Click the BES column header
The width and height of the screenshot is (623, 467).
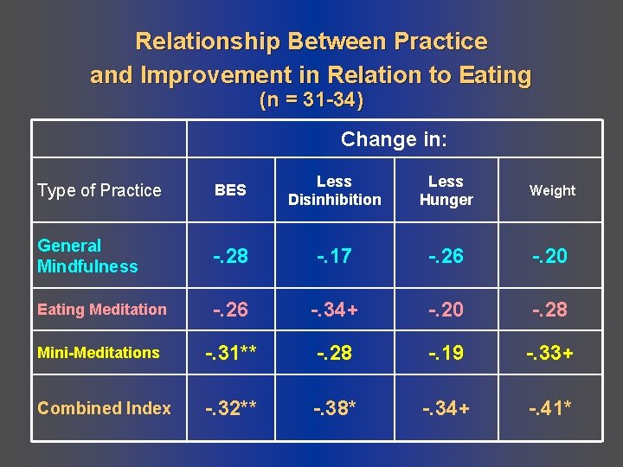click(x=230, y=190)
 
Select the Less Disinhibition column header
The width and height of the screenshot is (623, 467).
click(x=334, y=190)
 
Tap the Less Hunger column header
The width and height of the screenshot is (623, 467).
click(x=446, y=190)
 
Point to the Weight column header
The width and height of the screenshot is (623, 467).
click(x=552, y=190)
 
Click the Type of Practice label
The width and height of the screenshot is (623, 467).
click(x=100, y=190)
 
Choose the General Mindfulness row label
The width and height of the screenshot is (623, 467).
click(x=87, y=256)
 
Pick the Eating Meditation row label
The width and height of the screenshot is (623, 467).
click(x=102, y=310)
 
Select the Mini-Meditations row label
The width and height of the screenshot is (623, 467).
click(x=99, y=353)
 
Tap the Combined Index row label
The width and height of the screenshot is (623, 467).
click(x=104, y=408)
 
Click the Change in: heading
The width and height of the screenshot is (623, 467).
click(x=394, y=139)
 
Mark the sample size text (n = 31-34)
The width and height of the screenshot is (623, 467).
click(x=311, y=100)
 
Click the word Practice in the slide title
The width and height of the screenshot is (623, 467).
click(x=440, y=42)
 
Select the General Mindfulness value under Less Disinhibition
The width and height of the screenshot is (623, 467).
click(x=334, y=256)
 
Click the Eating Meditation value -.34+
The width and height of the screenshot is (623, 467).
click(x=334, y=310)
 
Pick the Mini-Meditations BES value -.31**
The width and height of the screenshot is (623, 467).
click(x=230, y=353)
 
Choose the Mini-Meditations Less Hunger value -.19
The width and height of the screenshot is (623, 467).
click(x=446, y=353)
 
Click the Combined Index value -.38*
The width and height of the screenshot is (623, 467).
click(x=334, y=408)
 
